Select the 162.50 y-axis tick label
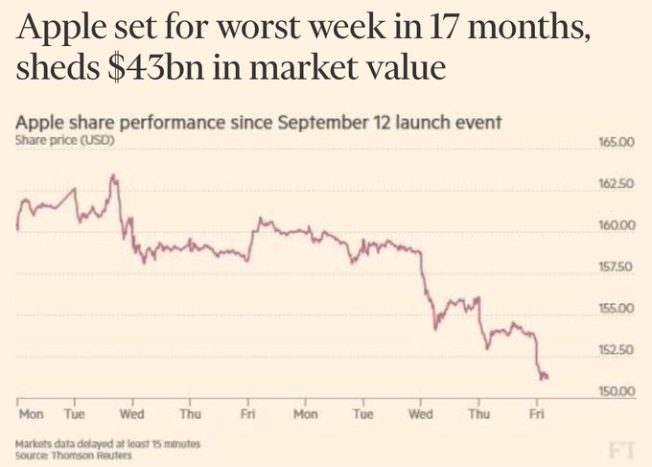click(617, 183)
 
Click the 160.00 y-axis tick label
click(617, 224)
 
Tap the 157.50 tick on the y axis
click(617, 267)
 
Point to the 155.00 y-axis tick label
click(617, 308)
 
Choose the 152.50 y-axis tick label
click(617, 349)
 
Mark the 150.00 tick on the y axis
click(617, 390)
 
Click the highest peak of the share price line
click(114, 175)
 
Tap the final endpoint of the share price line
click(547, 376)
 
